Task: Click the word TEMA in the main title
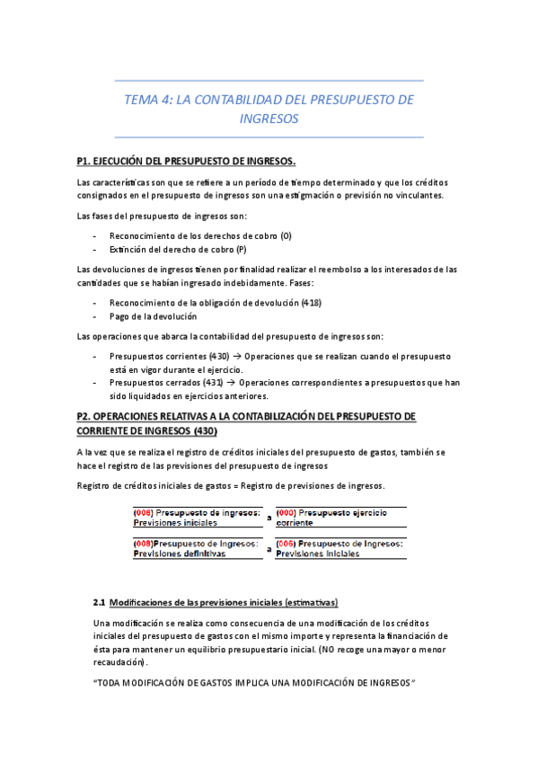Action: coord(139,100)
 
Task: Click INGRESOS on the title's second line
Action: coord(269,118)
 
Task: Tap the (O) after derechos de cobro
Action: coord(287,235)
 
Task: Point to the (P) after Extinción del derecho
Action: coord(241,249)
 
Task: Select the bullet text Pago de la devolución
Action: coord(154,316)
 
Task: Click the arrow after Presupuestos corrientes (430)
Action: coord(237,356)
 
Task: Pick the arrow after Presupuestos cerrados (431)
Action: coord(231,382)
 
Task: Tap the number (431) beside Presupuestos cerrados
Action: coord(212,382)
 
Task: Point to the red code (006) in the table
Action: coord(287,544)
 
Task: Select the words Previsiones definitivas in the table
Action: coord(180,554)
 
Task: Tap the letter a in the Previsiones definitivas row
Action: coord(269,549)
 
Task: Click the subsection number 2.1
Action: coord(100,601)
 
